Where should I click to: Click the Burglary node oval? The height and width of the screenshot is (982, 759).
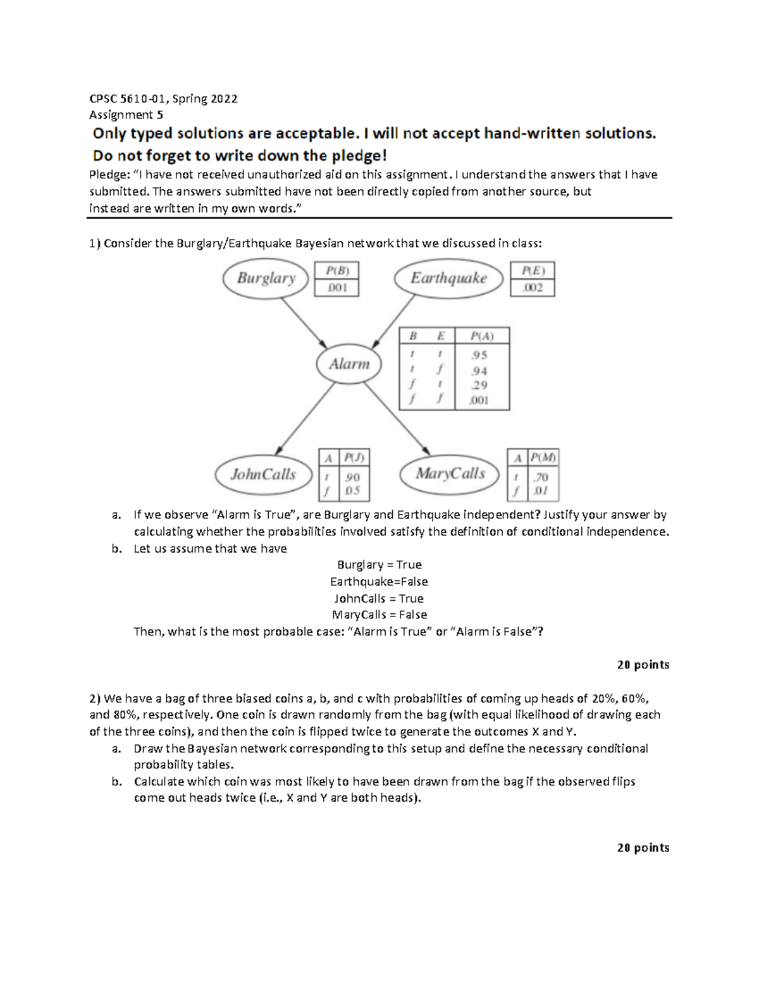tap(266, 278)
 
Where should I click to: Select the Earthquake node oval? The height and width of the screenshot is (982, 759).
tap(448, 278)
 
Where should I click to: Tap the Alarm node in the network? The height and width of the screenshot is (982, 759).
tap(349, 364)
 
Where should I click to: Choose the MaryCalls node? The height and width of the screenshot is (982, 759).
tap(450, 474)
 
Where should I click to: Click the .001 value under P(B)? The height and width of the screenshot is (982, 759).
tap(336, 288)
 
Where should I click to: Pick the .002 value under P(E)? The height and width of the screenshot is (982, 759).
tap(532, 288)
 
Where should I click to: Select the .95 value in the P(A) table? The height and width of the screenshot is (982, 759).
tap(479, 355)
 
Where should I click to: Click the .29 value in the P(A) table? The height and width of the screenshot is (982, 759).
tap(479, 385)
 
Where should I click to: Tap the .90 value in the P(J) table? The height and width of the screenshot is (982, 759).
tap(352, 477)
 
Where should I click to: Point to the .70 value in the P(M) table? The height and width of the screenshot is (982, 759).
tap(541, 477)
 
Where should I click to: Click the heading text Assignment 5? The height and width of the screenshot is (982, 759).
tap(126, 115)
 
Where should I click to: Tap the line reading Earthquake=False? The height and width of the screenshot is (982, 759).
tap(379, 582)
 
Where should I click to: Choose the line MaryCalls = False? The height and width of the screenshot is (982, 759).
tap(379, 615)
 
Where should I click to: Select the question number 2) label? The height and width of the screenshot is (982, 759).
tap(95, 699)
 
